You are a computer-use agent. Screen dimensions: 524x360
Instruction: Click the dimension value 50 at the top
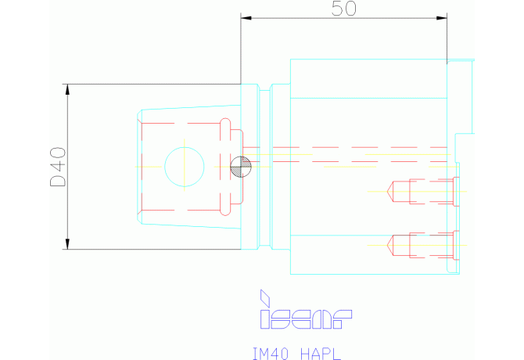pos(343,9)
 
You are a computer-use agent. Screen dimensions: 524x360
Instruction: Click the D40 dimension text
pos(58,167)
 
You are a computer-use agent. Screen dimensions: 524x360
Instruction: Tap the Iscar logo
pos(306,309)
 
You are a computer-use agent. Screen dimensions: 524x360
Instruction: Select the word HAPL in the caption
pos(321,354)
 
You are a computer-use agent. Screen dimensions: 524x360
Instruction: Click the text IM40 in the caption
pos(270,354)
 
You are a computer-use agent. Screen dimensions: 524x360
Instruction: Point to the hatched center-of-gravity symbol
pos(241,167)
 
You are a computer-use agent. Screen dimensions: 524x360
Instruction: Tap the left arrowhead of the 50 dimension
pos(246,18)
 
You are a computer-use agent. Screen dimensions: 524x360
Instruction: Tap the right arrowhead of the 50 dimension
pos(442,18)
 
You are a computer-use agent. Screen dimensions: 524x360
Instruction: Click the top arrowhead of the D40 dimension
pos(67,89)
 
